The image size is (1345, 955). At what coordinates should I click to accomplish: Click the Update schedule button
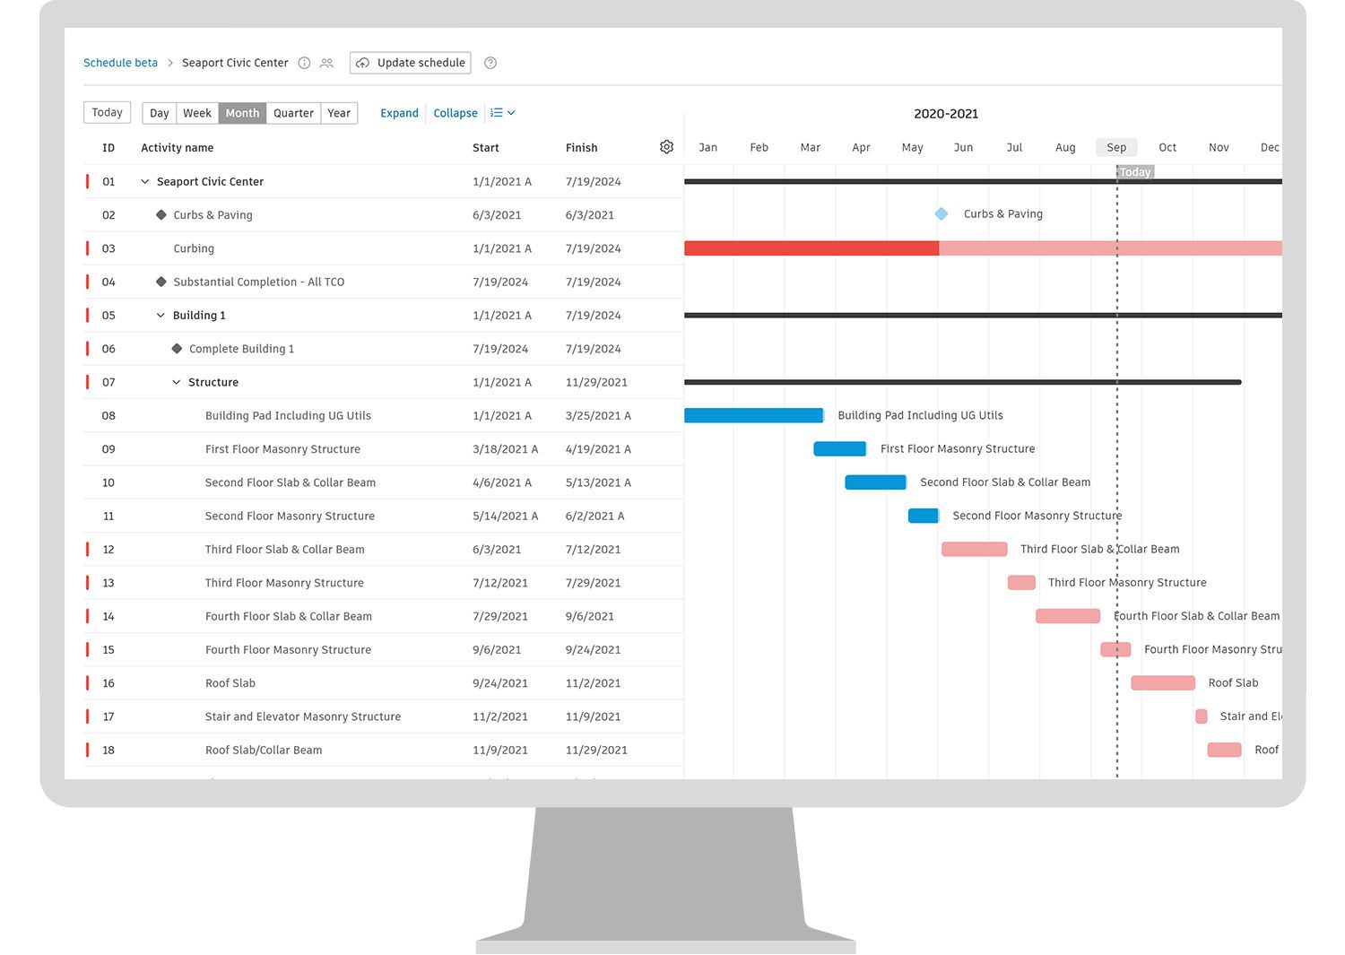tap(411, 63)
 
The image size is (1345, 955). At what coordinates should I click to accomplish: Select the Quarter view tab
tap(293, 113)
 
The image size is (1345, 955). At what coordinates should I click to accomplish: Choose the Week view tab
tap(197, 113)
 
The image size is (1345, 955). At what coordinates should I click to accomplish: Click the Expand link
tap(399, 113)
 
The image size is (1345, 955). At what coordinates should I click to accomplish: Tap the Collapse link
tap(456, 113)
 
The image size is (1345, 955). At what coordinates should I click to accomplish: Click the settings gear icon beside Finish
tap(666, 147)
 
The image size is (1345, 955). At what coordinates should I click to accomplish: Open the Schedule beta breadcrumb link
tap(120, 63)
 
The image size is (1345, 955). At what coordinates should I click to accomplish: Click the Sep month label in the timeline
tap(1116, 147)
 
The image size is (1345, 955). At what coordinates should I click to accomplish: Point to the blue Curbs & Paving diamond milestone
tap(941, 214)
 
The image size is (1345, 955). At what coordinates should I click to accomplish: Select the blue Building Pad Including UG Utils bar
tap(753, 415)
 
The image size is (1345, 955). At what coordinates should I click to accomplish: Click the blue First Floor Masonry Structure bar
tap(839, 448)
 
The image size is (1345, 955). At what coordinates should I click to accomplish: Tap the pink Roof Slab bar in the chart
tap(1163, 683)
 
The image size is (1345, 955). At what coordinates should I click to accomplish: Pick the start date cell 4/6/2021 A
tap(502, 482)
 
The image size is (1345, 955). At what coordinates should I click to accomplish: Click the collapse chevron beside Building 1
tap(161, 316)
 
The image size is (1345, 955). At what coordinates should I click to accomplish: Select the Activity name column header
tap(178, 148)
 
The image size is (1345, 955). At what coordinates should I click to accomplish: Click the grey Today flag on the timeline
tap(1135, 172)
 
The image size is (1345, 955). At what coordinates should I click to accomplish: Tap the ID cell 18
tap(108, 751)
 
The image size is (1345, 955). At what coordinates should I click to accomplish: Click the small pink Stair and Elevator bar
tap(1202, 716)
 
